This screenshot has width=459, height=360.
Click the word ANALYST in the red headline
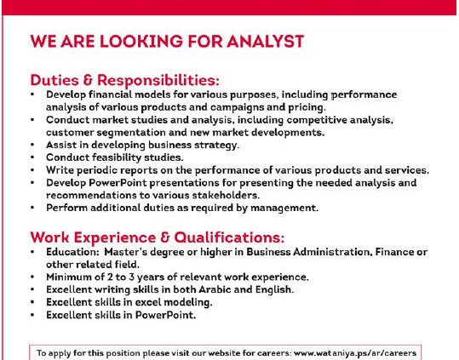pos(265,41)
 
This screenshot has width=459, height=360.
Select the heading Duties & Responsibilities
pos(124,80)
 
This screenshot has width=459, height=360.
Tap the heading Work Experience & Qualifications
pos(158,237)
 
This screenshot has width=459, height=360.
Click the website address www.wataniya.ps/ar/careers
pos(355,353)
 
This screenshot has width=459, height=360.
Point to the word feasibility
pos(112,157)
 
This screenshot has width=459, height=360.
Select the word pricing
pos(307,107)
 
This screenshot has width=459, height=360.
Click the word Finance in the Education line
pos(392,252)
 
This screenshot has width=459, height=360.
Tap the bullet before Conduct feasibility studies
pos(32,157)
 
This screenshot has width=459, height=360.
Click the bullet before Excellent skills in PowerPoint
pos(32,315)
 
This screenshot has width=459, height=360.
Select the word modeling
pos(192,302)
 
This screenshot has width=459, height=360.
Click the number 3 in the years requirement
pos(131,277)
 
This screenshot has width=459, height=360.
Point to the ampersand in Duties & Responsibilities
pos(88,80)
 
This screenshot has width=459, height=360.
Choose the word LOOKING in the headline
pos(141,41)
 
